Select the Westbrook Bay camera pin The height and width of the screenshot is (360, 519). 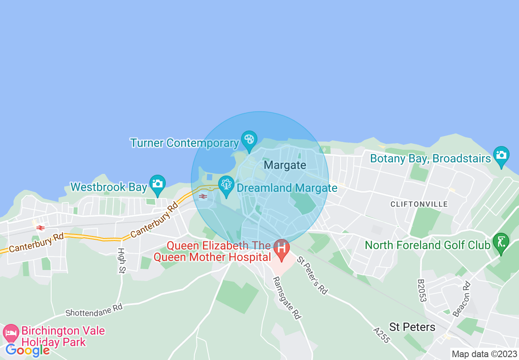157,184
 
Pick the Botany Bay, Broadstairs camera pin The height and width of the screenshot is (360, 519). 501,155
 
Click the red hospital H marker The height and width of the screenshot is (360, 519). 282,248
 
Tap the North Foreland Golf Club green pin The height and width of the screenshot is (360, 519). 501,242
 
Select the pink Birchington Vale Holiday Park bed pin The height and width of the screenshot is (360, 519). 11,332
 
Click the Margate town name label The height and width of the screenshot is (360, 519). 285,165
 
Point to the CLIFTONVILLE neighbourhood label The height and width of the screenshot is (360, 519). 419,204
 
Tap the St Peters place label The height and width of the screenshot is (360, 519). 412,327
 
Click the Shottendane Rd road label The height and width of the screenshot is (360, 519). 94,310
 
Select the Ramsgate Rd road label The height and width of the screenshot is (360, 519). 287,297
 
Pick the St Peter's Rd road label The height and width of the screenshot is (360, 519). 312,275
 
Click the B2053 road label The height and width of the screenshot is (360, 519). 422,290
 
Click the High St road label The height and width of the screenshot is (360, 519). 121,260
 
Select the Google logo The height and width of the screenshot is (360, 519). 27,350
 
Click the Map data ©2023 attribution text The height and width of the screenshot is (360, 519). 483,354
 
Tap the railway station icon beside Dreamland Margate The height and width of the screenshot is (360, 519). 203,197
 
